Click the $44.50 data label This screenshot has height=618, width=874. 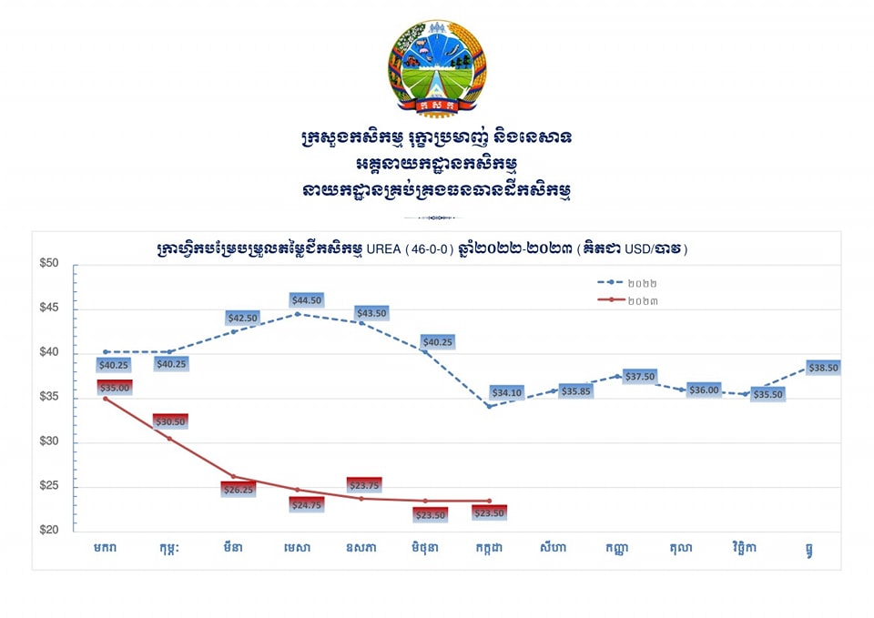307,300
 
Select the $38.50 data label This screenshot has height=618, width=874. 821,368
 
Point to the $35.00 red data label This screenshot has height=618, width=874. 115,387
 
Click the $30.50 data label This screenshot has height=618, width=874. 170,421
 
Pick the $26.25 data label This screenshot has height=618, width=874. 239,489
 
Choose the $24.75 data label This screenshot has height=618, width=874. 307,504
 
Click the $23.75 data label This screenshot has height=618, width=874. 364,485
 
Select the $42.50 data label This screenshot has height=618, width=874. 242,318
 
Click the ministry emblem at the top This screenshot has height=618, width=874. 437,69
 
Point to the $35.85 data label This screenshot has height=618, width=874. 576,390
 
